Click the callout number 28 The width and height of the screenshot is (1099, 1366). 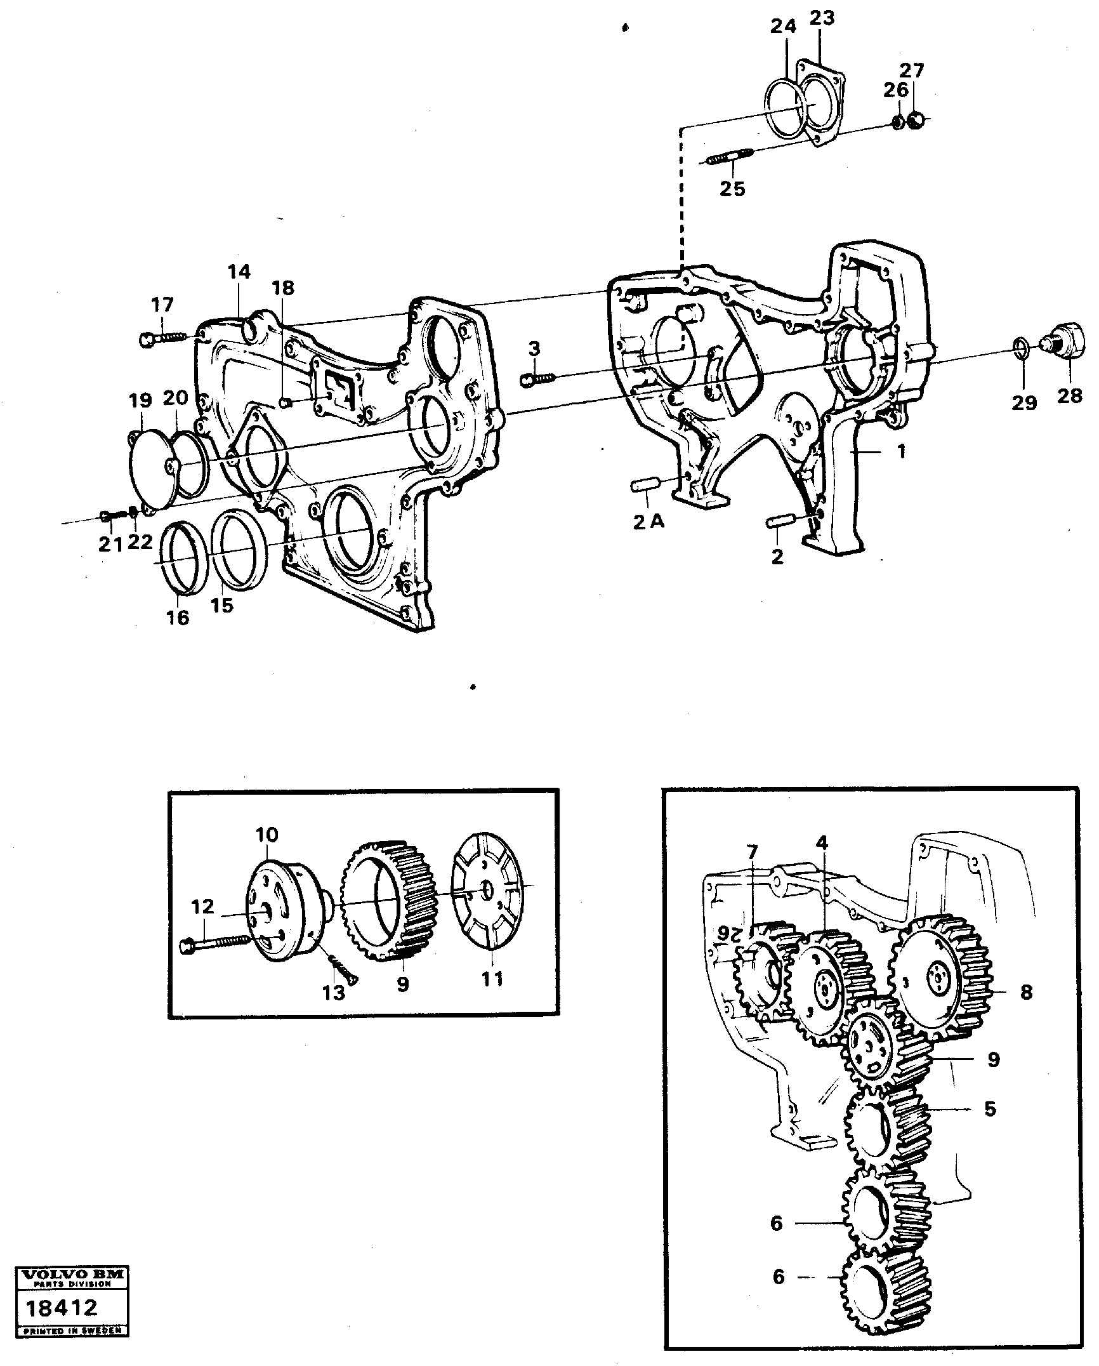point(1069,396)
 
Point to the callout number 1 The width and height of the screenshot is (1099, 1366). point(902,452)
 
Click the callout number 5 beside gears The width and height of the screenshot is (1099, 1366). point(990,1109)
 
